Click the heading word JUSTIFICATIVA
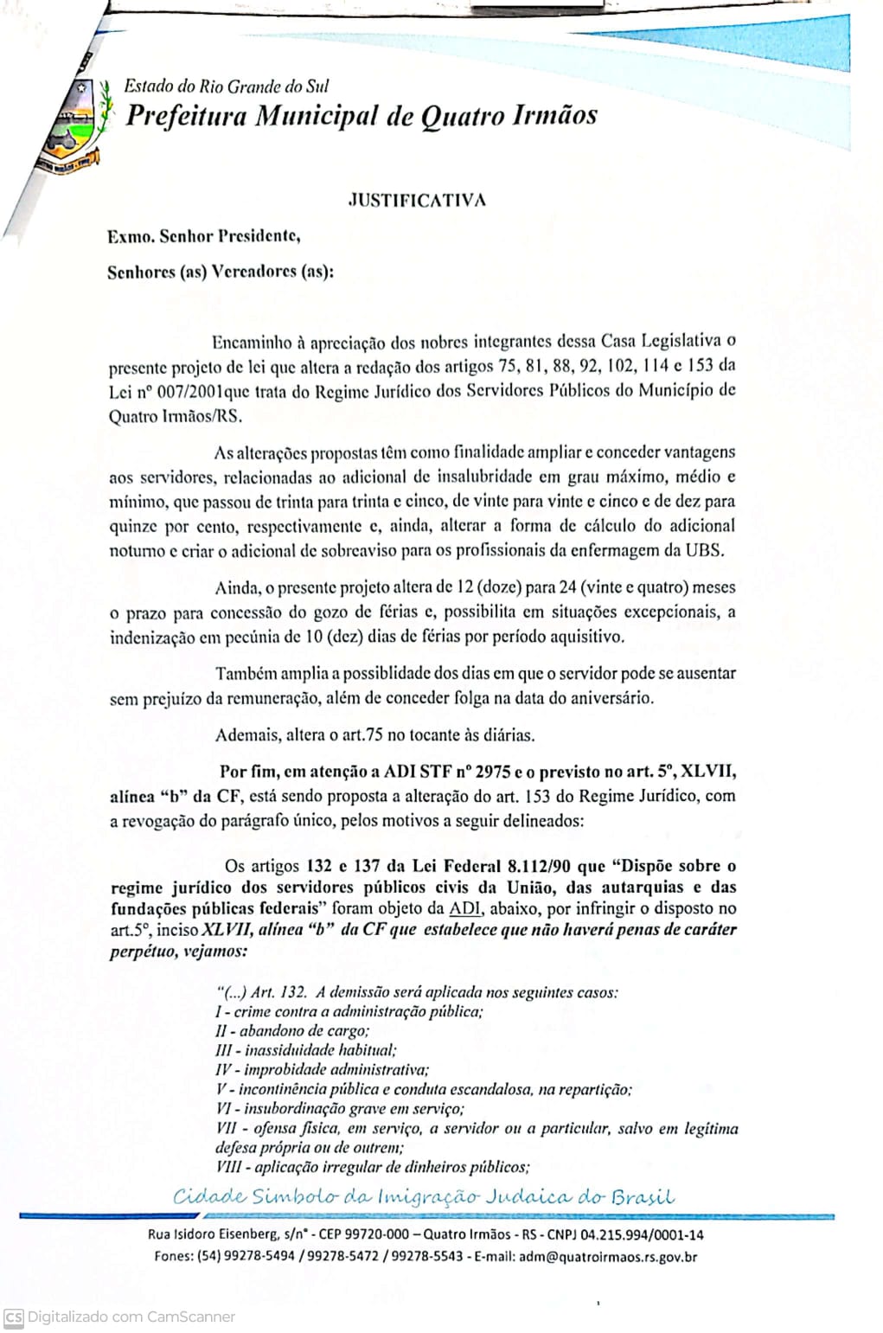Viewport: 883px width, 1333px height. pos(416,200)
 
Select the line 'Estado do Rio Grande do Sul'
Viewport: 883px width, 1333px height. pos(227,86)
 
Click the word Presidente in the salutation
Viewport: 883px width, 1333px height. pos(257,235)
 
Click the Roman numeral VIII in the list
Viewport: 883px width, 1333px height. pos(227,1168)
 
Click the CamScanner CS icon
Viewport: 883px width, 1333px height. pos(13,1317)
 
